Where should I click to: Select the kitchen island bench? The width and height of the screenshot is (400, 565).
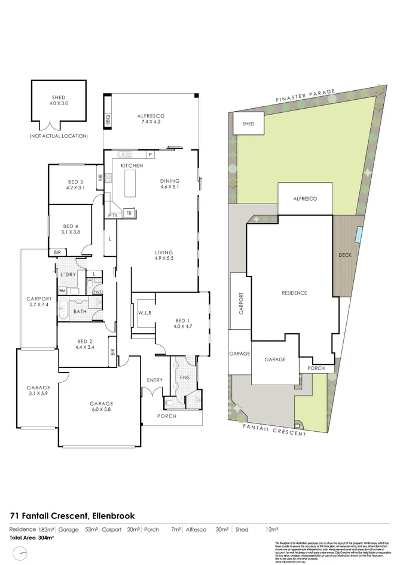130,183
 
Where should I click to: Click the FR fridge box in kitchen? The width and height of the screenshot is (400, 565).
128,212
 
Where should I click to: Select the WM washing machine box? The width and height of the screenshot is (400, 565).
62,290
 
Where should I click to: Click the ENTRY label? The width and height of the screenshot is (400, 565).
155,380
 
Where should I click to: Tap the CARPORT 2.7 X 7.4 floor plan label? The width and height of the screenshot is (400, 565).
39,302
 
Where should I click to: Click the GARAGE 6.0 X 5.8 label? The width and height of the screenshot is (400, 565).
100,407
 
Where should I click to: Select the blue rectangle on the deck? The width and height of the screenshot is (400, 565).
357,235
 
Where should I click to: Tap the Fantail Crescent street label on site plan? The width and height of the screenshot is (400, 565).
274,429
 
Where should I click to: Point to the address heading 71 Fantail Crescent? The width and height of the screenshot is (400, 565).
72,515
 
